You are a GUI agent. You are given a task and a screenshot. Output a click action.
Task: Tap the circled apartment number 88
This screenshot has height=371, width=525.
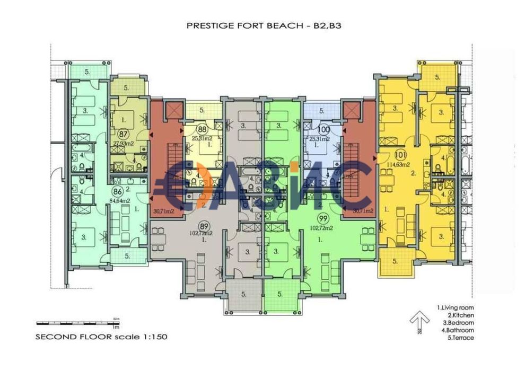[202, 130]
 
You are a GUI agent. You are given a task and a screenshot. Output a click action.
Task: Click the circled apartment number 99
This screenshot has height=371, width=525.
[322, 218]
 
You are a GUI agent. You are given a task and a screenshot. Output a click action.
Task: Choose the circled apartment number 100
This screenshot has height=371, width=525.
[322, 130]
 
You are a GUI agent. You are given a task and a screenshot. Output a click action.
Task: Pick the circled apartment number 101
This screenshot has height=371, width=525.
[400, 156]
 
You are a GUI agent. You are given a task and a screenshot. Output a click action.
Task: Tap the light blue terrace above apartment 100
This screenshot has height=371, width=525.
[322, 111]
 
